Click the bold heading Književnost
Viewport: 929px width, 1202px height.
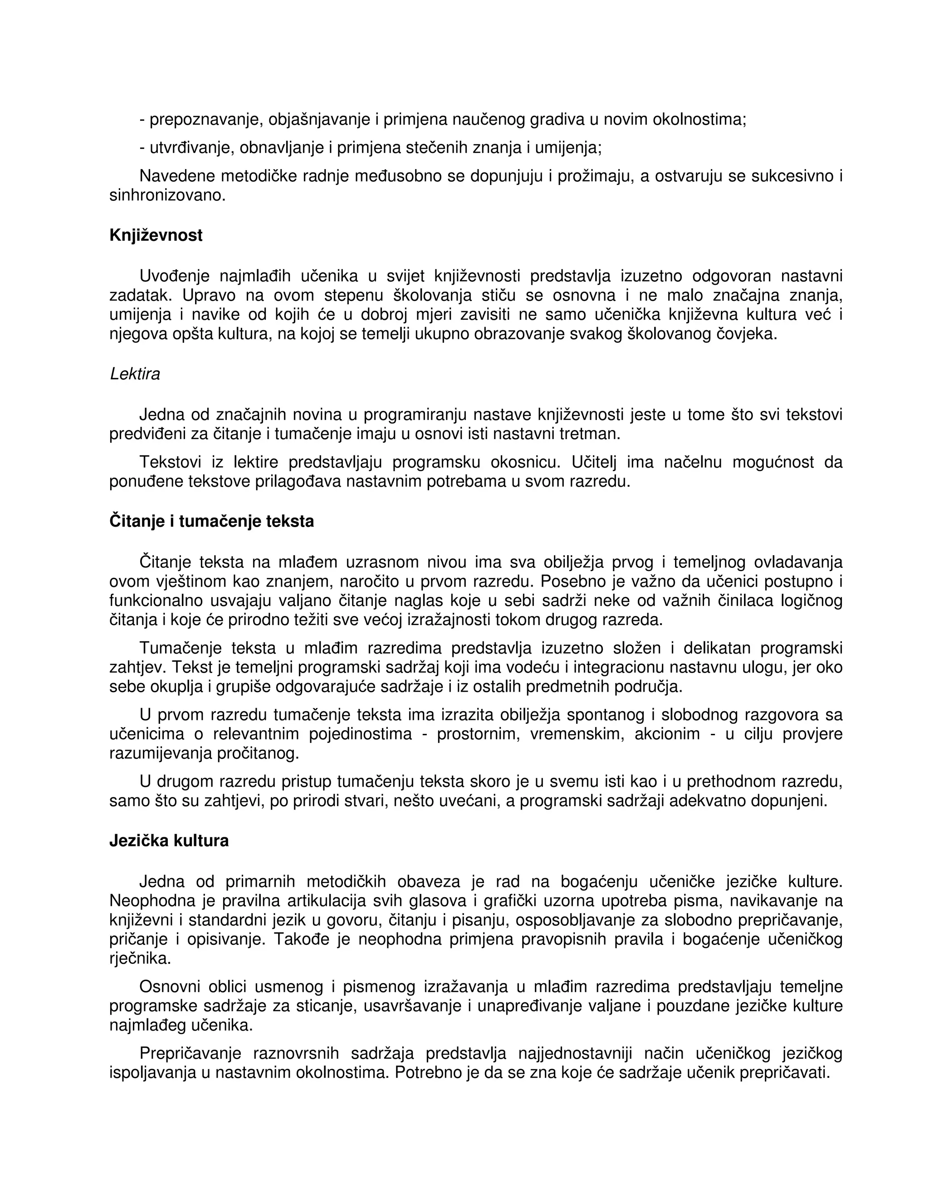pyautogui.click(x=156, y=235)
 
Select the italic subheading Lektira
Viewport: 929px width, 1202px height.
pyautogui.click(x=135, y=374)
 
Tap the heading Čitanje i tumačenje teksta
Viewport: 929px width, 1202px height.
pyautogui.click(x=211, y=521)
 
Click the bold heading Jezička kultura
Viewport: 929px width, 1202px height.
pyautogui.click(x=169, y=841)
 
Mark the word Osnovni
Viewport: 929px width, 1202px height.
pyautogui.click(x=170, y=987)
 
